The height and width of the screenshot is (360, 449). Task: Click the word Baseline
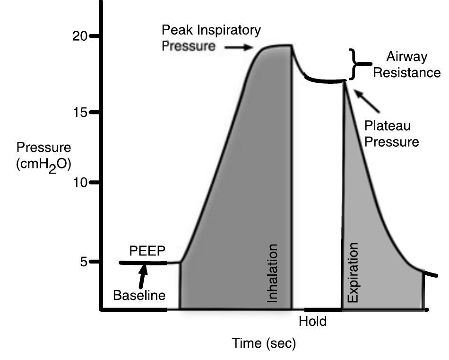pyautogui.click(x=139, y=296)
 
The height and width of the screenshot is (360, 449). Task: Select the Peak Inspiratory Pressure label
pyautogui.click(x=211, y=38)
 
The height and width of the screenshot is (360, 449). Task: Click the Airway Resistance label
pyautogui.click(x=406, y=65)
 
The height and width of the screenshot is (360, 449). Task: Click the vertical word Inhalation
pyautogui.click(x=273, y=273)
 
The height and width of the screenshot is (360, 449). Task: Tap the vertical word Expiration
pyautogui.click(x=353, y=273)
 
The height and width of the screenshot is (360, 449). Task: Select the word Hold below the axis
pyautogui.click(x=313, y=322)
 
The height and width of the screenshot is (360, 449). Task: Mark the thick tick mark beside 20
pyautogui.click(x=95, y=36)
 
